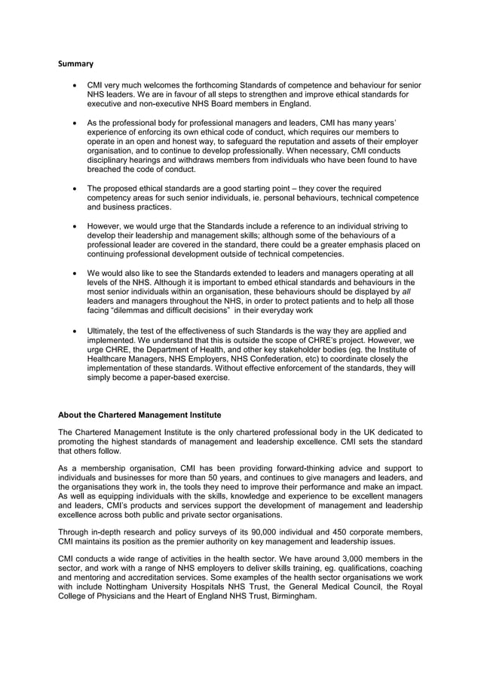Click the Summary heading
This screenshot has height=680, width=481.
[76, 65]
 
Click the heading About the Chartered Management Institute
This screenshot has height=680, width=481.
[139, 415]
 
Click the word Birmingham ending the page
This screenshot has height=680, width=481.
[287, 596]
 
